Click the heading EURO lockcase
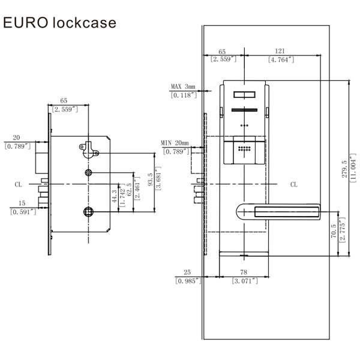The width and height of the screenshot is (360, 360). pyautogui.click(x=59, y=23)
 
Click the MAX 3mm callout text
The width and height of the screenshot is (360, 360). pyautogui.click(x=183, y=87)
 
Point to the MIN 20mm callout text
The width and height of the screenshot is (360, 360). pyautogui.click(x=175, y=143)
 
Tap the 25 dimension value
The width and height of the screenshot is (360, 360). pyautogui.click(x=188, y=273)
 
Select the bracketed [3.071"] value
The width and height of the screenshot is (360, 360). pyautogui.click(x=245, y=281)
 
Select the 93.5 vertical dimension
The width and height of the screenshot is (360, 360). pyautogui.click(x=149, y=179)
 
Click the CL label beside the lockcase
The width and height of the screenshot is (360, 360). pyautogui.click(x=20, y=185)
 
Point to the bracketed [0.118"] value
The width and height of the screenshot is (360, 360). pyautogui.click(x=183, y=95)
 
